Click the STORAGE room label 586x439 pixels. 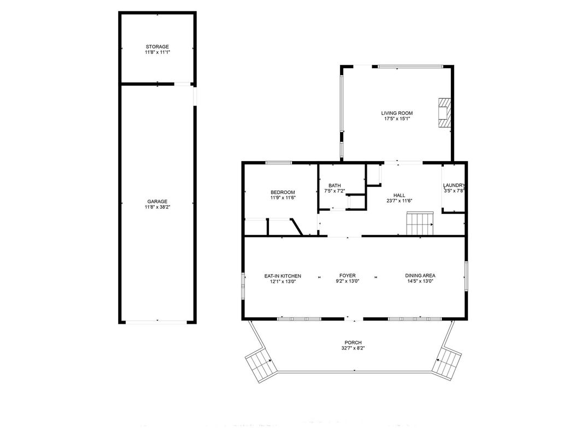click(157, 46)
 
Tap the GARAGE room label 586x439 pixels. click(157, 201)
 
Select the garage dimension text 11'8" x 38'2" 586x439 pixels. click(157, 207)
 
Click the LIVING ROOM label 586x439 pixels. click(397, 113)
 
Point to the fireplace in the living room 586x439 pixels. click(445, 113)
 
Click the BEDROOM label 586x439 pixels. click(283, 192)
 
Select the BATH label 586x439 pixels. click(334, 186)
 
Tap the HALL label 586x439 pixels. click(399, 195)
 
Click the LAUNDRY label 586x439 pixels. click(454, 186)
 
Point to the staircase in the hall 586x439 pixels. click(419, 224)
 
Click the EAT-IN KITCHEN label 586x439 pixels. click(283, 276)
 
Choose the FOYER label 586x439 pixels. click(348, 276)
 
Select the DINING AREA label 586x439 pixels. click(420, 276)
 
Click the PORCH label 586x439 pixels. click(353, 342)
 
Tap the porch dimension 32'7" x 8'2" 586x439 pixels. click(353, 348)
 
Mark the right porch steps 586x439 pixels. click(448, 363)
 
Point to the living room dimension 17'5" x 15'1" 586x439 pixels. click(397, 118)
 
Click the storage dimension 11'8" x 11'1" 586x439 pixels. click(157, 52)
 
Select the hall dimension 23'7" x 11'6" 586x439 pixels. click(399, 201)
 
